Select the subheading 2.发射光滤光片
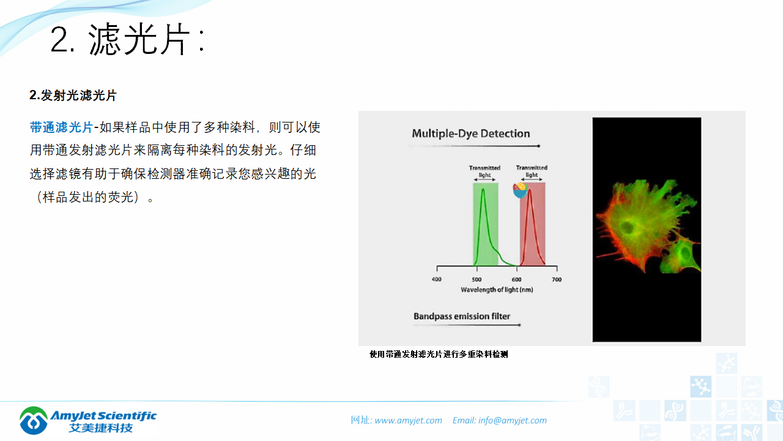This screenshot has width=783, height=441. [x=73, y=96]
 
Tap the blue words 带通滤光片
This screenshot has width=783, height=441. [x=61, y=127]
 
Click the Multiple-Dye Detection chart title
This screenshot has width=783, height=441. [x=470, y=134]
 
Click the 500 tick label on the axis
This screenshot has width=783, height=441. [x=477, y=279]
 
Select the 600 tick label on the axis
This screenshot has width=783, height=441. [x=517, y=279]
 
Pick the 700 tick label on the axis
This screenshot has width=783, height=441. [x=557, y=279]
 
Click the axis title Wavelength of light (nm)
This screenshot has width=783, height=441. [x=497, y=289]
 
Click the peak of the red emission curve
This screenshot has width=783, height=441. [x=530, y=190]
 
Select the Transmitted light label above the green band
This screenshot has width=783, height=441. [x=484, y=171]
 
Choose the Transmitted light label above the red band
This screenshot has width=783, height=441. [x=532, y=171]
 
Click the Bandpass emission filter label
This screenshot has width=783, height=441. [x=462, y=317]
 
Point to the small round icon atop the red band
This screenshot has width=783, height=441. [x=521, y=190]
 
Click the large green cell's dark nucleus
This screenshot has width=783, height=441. [x=628, y=228]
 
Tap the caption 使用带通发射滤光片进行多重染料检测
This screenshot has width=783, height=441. [x=439, y=354]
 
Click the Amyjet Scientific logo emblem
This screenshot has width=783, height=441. [x=33, y=420]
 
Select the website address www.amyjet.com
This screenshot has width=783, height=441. [x=408, y=420]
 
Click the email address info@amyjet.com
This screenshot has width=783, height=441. [x=513, y=420]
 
